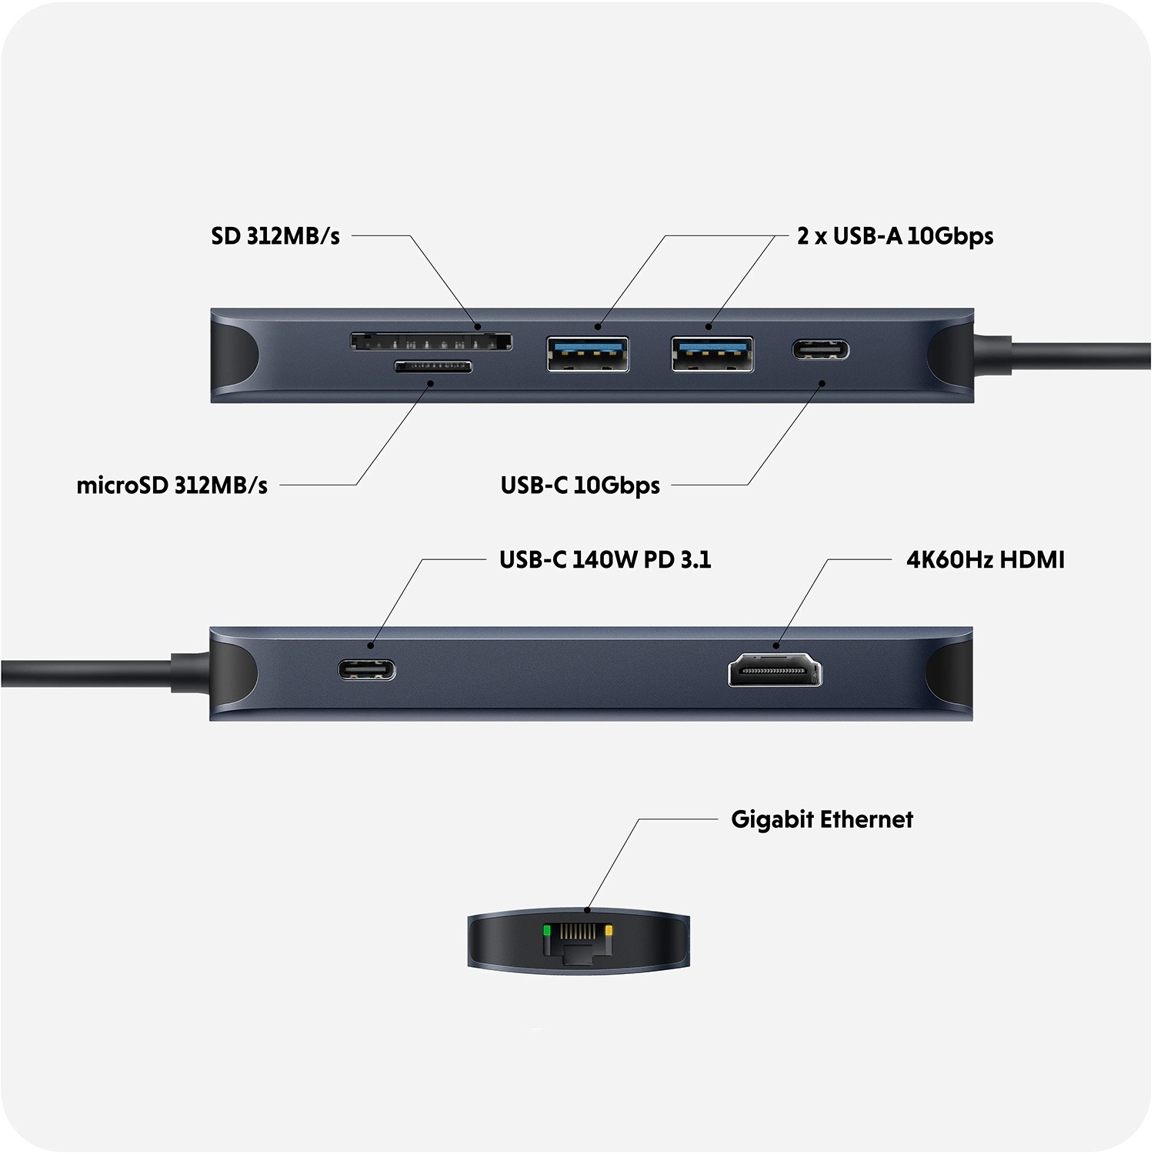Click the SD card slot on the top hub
(x=431, y=341)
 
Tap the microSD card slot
(x=433, y=366)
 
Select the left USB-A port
(x=588, y=354)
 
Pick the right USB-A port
(x=712, y=354)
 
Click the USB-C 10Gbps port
(x=821, y=351)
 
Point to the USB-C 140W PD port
(x=367, y=669)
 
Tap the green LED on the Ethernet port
(x=547, y=931)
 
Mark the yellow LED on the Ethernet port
(x=609, y=931)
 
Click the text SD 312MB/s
(x=275, y=236)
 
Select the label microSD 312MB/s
(x=172, y=485)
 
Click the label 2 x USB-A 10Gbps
(x=895, y=236)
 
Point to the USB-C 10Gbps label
(x=580, y=485)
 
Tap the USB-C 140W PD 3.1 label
(x=605, y=559)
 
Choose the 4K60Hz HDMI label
(x=985, y=559)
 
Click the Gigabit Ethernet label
(x=822, y=819)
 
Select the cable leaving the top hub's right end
(x=1077, y=355)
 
